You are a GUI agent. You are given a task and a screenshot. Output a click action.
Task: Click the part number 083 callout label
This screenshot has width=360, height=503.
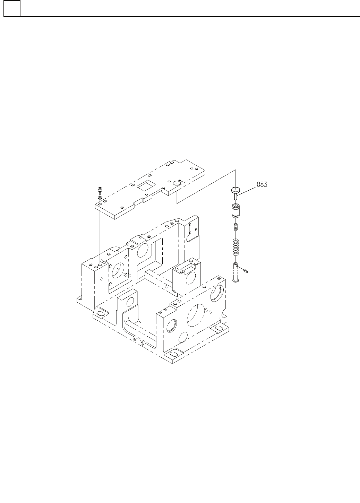pyautogui.click(x=262, y=184)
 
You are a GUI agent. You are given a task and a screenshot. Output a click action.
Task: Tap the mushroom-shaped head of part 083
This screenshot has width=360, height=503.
pyautogui.click(x=235, y=190)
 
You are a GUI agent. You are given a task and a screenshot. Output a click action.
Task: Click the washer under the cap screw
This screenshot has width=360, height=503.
pyautogui.click(x=100, y=197)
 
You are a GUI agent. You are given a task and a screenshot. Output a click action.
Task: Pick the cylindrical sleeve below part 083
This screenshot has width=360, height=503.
pyautogui.click(x=235, y=211)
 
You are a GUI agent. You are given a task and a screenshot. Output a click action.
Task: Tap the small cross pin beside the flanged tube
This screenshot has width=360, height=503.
pyautogui.click(x=245, y=270)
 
